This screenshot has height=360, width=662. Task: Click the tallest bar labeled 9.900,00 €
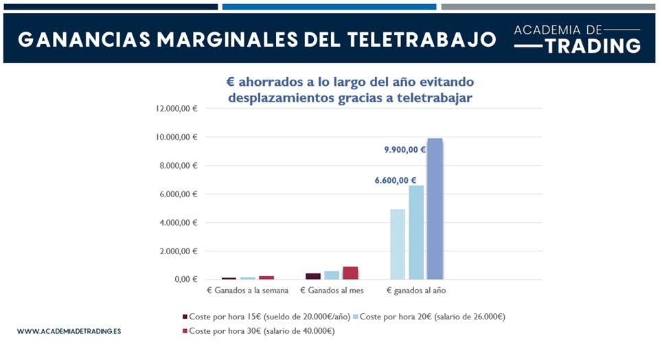click(x=435, y=209)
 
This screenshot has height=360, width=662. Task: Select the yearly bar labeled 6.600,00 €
click(x=416, y=232)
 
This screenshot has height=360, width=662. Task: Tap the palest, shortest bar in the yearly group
click(x=398, y=244)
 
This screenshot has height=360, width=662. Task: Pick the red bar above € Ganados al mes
click(x=350, y=273)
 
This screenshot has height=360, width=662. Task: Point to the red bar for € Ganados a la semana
click(x=266, y=277)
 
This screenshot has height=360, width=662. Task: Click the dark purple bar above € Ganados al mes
click(x=313, y=275)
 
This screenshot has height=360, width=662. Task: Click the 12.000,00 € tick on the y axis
click(x=177, y=109)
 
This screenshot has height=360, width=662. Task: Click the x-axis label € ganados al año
click(x=416, y=291)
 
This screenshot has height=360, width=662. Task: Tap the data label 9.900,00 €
click(x=404, y=149)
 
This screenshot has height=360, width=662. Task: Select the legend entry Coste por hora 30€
click(x=262, y=331)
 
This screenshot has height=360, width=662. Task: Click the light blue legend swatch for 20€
click(x=356, y=317)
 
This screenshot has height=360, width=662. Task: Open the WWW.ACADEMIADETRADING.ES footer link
click(x=69, y=331)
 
